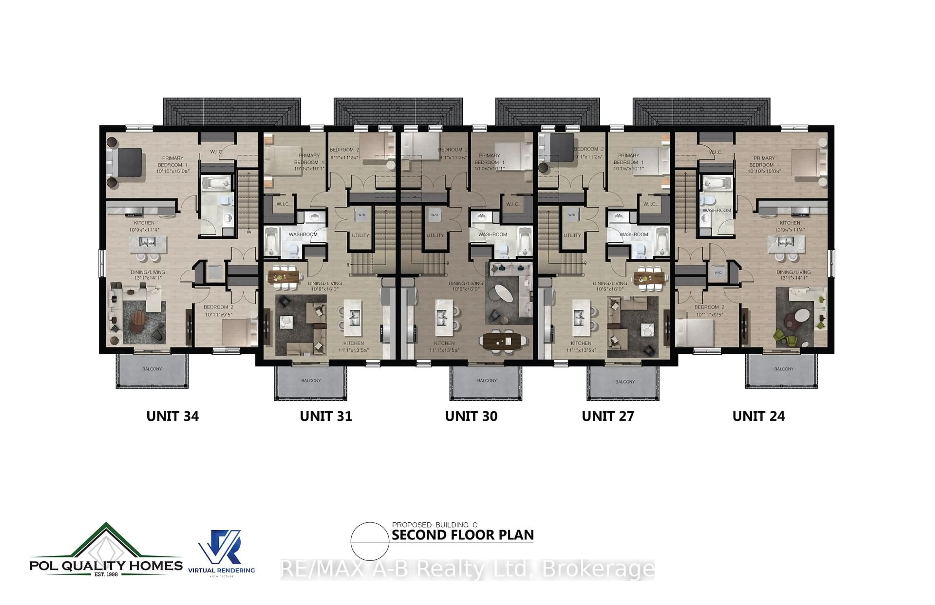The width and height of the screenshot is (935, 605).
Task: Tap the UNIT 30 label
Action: tap(471, 416)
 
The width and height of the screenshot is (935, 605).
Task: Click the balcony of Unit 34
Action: tap(152, 371)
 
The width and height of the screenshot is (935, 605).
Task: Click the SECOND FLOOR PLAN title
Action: tap(463, 535)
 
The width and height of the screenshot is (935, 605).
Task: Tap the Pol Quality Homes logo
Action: tap(106, 550)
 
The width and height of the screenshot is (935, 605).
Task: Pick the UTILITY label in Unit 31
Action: tap(360, 235)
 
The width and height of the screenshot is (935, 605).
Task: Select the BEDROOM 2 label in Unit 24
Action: tap(709, 307)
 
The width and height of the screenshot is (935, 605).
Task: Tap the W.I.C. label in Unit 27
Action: tap(650, 204)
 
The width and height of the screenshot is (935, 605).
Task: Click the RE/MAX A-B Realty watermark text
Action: tap(467, 569)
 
